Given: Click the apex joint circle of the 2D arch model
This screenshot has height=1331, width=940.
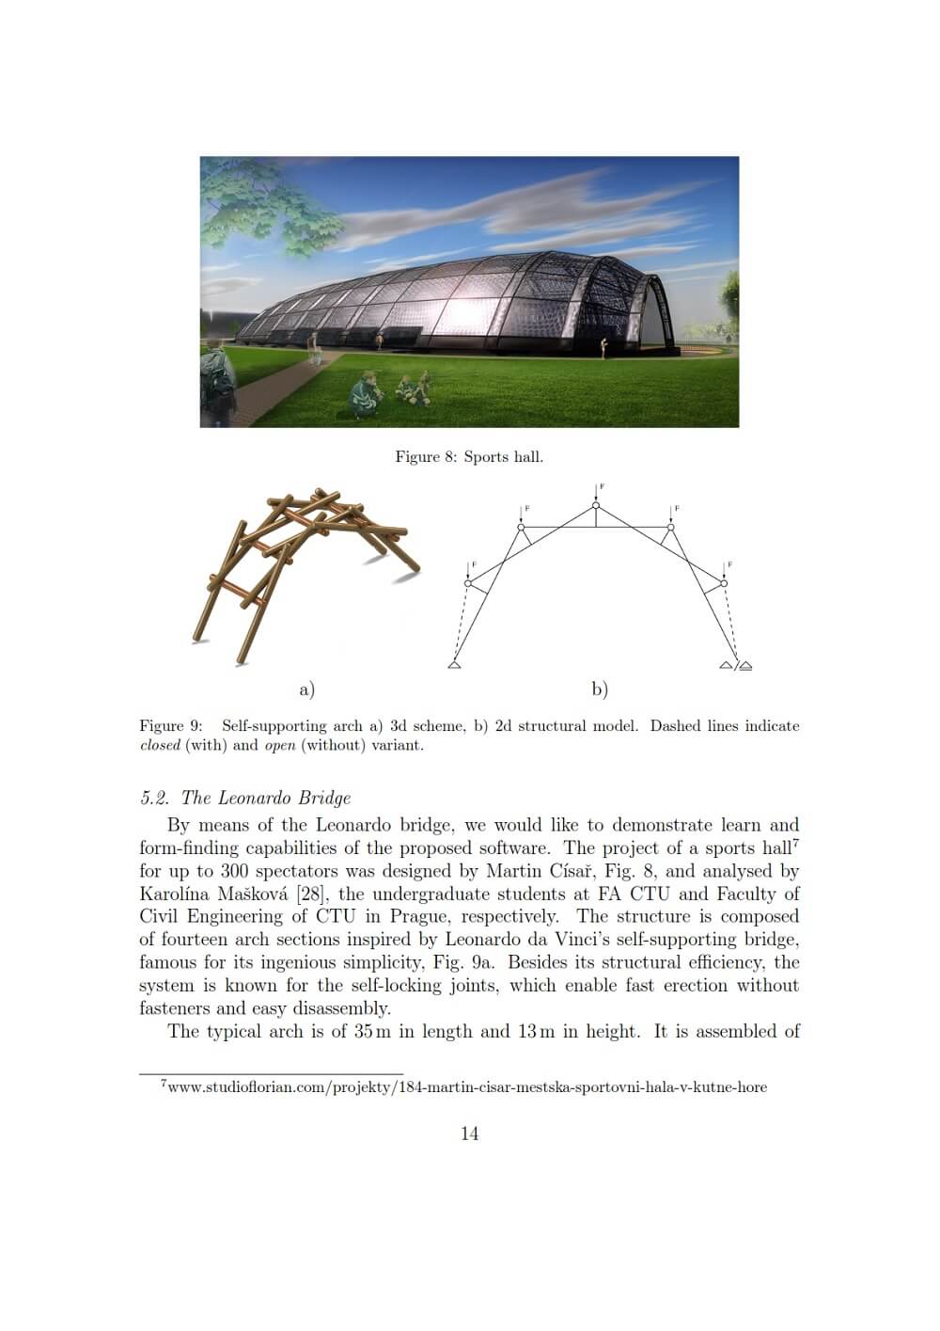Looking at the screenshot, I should [596, 506].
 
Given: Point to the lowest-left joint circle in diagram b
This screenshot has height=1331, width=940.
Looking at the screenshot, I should [468, 583].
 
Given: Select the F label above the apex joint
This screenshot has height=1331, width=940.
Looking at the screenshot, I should [602, 486].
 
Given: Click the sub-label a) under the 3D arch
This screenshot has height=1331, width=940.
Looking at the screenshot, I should [306, 689].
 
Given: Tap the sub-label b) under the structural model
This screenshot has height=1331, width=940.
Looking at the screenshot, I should [600, 689].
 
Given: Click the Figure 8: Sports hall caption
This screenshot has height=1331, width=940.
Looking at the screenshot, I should [469, 457].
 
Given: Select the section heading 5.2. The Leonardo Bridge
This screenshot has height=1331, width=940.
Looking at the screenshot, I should [245, 799].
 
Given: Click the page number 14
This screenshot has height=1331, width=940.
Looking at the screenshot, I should [469, 1133].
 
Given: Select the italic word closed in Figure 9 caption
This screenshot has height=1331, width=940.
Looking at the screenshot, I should [159, 746].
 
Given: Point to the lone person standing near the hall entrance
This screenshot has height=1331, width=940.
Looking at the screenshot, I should [605, 349].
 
